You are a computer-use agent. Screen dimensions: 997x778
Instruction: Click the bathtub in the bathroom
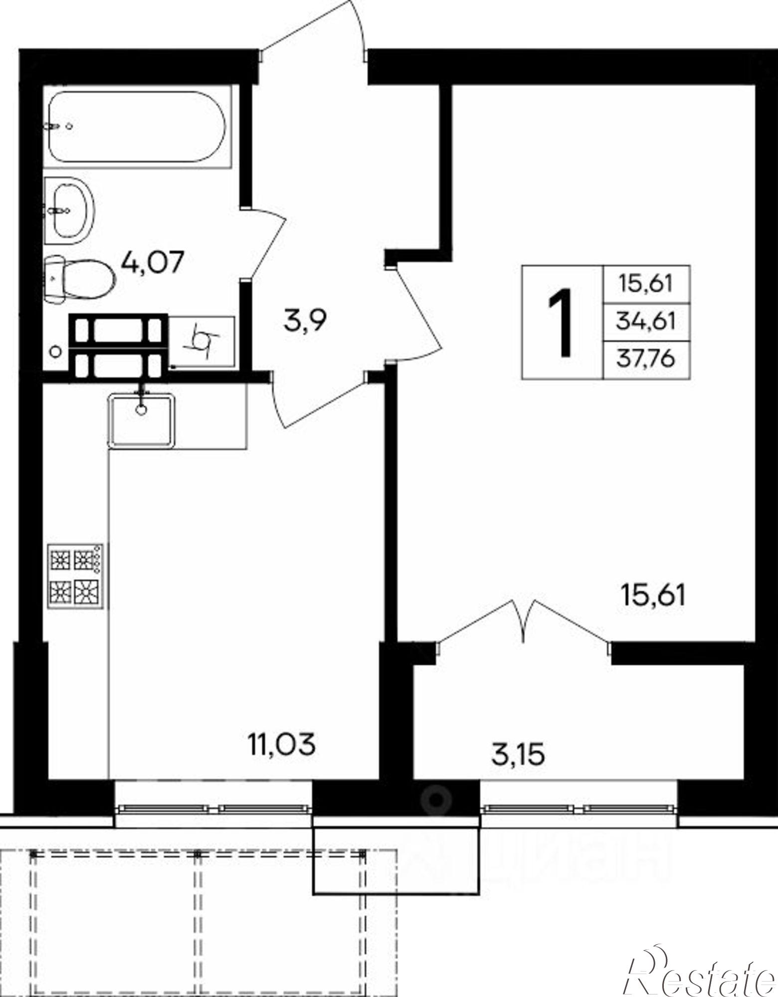(x=137, y=127)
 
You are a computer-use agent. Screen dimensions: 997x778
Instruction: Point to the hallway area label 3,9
(x=304, y=321)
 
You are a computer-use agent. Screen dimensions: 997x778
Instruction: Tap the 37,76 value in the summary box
(x=646, y=359)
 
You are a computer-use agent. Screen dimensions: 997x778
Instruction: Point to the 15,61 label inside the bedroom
(x=653, y=595)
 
